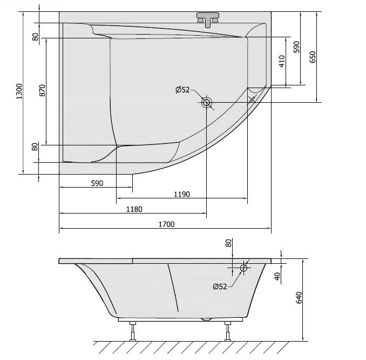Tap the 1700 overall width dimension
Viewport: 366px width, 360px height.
(167, 224)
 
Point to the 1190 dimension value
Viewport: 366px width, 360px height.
(181, 195)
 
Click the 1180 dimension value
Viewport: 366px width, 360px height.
(134, 209)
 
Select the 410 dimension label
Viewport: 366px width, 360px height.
(281, 61)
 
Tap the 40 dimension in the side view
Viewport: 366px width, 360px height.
(277, 275)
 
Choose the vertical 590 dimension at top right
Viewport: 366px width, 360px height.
(296, 46)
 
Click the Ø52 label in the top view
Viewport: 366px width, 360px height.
(182, 90)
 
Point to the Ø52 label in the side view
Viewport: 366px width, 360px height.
(220, 286)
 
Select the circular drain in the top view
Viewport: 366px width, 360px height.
(207, 102)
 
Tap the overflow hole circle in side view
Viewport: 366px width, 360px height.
(243, 267)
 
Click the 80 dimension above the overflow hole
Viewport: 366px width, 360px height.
(229, 244)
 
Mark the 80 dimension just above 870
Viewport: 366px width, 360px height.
(36, 37)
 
